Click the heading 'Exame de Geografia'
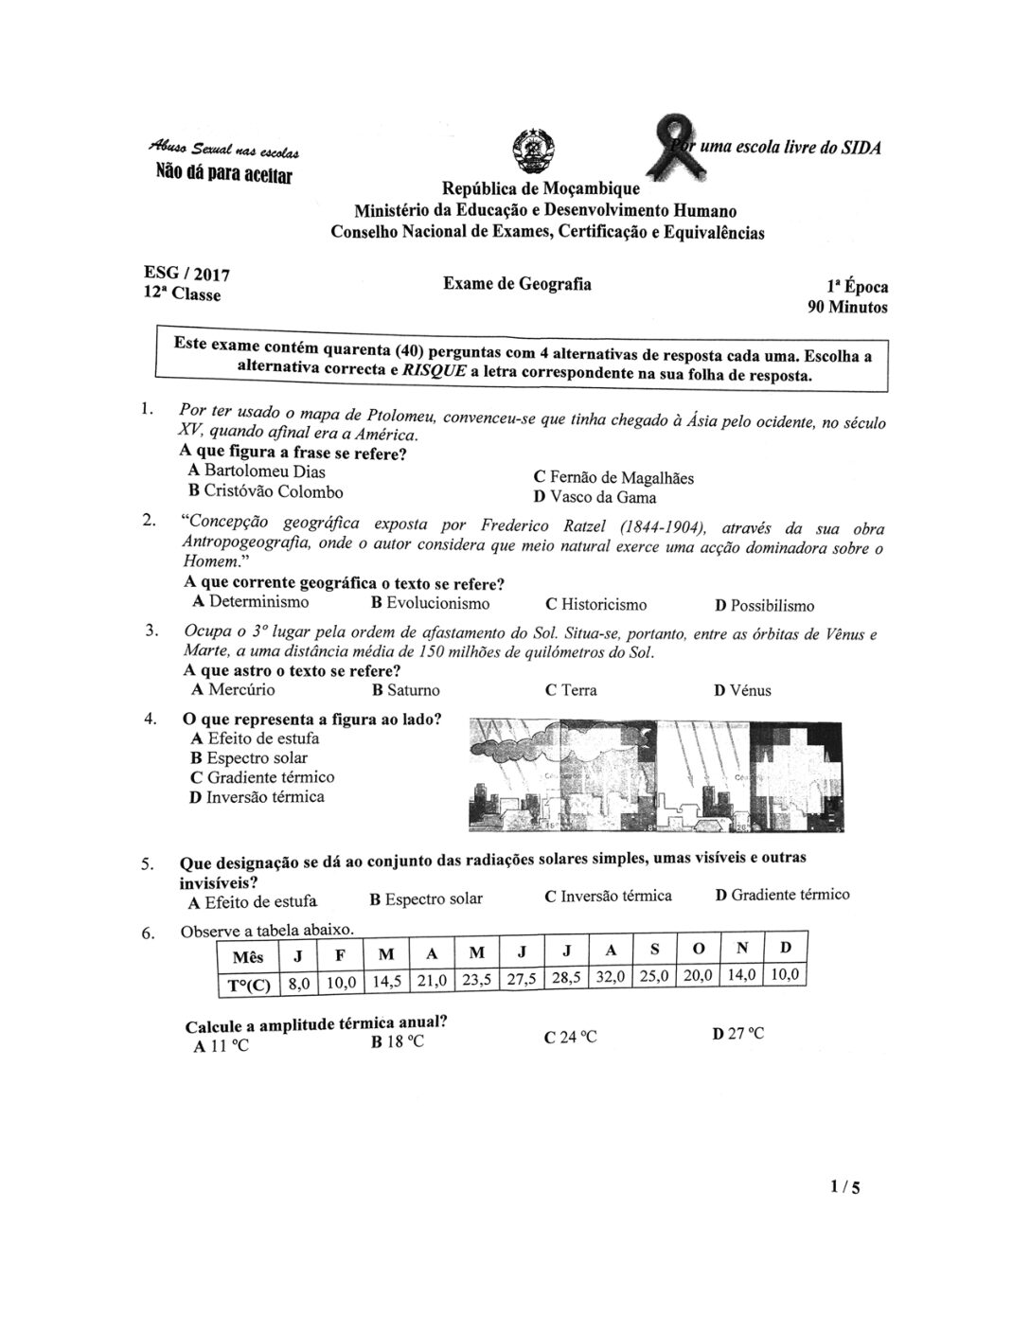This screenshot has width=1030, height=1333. (517, 283)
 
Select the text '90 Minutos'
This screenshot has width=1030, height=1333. (846, 307)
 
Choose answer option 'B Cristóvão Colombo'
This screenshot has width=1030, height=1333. (266, 491)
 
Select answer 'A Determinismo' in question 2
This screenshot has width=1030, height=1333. (250, 602)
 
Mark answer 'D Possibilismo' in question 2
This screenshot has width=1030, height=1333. (764, 606)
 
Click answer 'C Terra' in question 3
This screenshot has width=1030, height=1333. (571, 689)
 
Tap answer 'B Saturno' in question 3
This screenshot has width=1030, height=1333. (406, 690)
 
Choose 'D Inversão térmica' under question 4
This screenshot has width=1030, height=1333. (257, 797)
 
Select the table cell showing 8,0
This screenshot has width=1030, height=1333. (298, 984)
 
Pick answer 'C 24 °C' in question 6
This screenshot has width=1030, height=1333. (571, 1037)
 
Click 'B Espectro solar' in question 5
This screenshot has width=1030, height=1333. (426, 898)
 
